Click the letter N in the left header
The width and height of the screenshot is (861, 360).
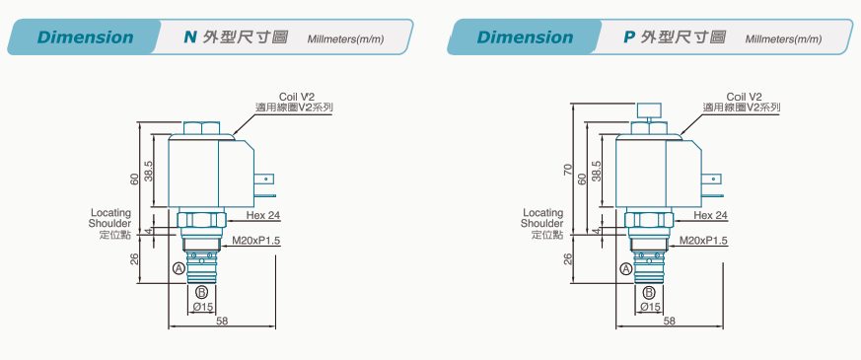click(x=190, y=37)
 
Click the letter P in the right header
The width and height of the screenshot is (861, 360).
click(x=630, y=37)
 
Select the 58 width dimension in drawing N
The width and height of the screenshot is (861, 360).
click(x=222, y=321)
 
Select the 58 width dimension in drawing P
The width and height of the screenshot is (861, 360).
click(x=669, y=321)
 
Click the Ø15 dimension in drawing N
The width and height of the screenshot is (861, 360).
click(x=203, y=308)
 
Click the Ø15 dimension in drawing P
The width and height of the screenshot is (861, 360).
click(x=651, y=308)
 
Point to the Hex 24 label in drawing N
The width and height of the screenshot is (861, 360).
click(x=263, y=216)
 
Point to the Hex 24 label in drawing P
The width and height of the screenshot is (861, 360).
click(x=710, y=216)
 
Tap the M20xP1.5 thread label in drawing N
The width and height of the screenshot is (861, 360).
click(x=256, y=241)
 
